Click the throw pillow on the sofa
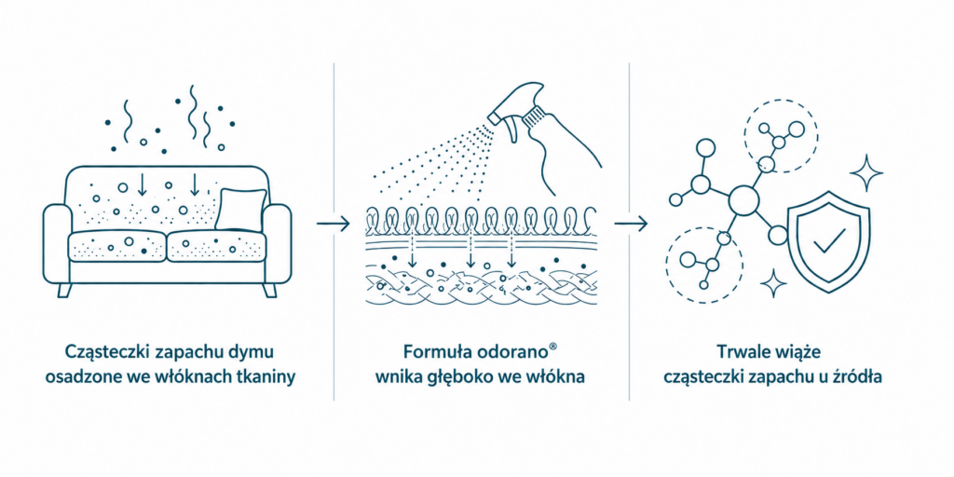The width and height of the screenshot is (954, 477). coord(240,210)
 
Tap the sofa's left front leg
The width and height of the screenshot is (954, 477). coord(64,291)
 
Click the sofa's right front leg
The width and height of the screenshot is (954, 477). coord(270,291)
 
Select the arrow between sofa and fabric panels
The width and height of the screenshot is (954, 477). coord(334,224)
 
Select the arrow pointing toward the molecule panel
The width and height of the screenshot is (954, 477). coord(631,224)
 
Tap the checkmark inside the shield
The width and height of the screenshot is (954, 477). coord(829,239)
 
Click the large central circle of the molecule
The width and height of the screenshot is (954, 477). coord(743,201)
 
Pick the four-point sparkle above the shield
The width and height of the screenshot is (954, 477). coord(865,173)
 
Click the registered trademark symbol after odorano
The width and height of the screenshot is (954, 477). coord(552,348)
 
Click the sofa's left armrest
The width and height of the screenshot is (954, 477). coord(55,243)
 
